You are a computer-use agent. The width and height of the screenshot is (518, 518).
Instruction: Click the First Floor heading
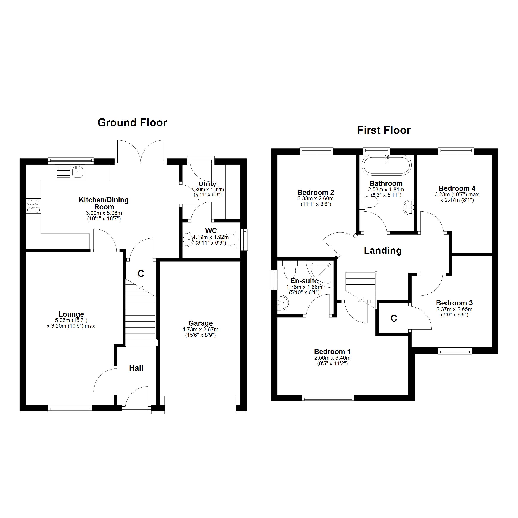pyautogui.click(x=384, y=130)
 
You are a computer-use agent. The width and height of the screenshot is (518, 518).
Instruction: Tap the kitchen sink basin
pyautogui.click(x=78, y=172)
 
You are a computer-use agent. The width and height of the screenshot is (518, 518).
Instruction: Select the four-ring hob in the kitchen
pyautogui.click(x=33, y=206)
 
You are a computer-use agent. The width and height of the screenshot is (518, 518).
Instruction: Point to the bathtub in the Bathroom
pyautogui.click(x=386, y=165)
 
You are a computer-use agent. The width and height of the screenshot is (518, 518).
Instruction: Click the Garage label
pyautogui.click(x=201, y=323)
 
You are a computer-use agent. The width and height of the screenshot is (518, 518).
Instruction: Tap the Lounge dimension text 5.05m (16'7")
pyautogui.click(x=71, y=320)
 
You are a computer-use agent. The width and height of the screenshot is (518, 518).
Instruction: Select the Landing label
pyautogui.click(x=383, y=250)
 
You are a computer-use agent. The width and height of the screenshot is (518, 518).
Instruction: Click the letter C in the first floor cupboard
pyautogui.click(x=394, y=318)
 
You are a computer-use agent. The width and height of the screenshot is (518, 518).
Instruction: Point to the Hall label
pyautogui.click(x=136, y=368)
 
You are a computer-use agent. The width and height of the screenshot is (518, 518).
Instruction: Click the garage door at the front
pyautogui.click(x=200, y=405)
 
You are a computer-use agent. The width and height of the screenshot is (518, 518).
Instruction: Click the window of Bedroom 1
pyautogui.click(x=328, y=400)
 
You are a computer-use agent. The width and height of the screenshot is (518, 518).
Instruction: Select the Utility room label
pyautogui.click(x=207, y=184)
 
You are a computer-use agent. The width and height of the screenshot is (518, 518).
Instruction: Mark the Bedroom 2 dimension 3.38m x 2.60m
pyautogui.click(x=316, y=199)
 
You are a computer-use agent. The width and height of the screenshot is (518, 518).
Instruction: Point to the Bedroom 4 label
pyautogui.click(x=457, y=188)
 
